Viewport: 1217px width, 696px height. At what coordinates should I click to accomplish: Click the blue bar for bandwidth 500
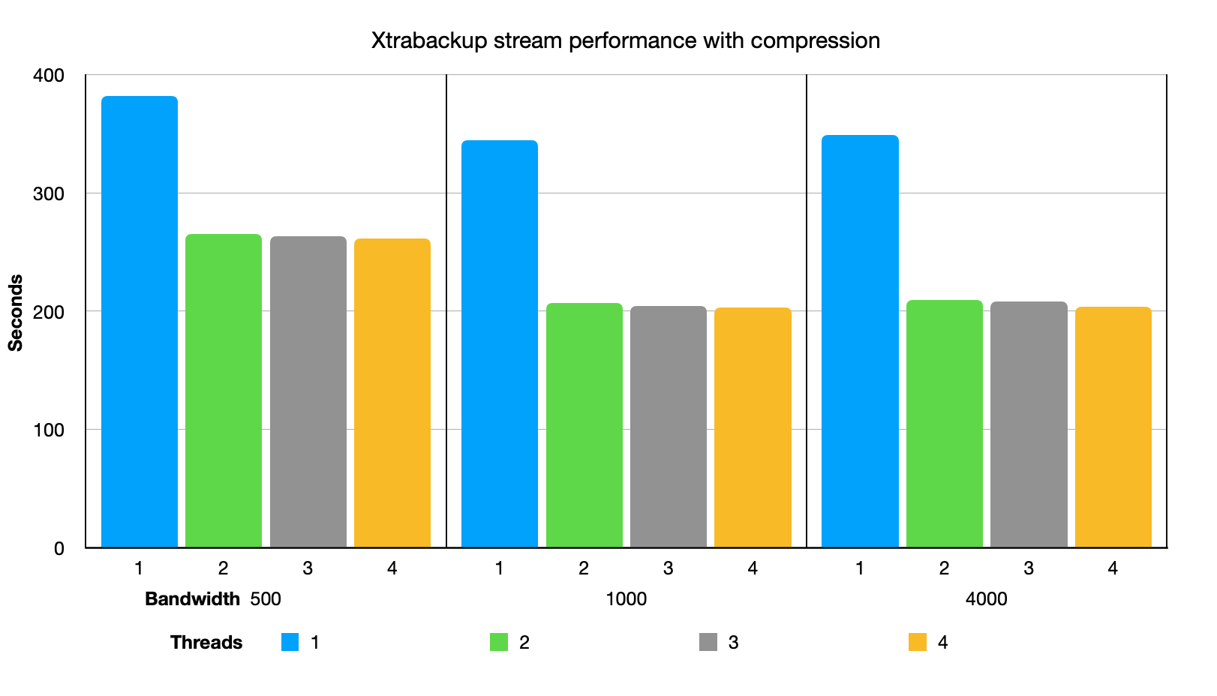[140, 322]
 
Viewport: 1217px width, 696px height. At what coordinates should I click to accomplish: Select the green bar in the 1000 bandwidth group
[584, 425]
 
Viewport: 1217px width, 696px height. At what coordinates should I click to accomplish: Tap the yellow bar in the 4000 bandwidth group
[1113, 427]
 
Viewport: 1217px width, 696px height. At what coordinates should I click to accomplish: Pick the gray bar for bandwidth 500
[308, 392]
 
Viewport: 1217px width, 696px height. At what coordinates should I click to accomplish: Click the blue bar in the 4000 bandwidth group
[860, 341]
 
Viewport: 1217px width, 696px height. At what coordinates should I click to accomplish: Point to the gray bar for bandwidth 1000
[668, 427]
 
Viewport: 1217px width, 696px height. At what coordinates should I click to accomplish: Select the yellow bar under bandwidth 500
[392, 393]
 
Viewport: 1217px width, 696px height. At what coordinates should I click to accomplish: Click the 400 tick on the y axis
[49, 76]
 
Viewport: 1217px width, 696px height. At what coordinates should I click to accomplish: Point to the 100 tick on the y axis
[49, 430]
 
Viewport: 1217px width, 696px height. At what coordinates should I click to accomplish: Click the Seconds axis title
[16, 313]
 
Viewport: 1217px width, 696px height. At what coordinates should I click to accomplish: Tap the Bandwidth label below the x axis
[192, 599]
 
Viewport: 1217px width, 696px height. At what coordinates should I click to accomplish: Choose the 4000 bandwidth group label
[986, 599]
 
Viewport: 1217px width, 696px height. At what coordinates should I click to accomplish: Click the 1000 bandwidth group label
[626, 599]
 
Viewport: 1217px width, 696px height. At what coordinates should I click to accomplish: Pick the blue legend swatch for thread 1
[290, 642]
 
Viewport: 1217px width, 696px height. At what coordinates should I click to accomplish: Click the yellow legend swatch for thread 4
[917, 642]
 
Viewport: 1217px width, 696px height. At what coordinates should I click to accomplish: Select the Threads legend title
[206, 643]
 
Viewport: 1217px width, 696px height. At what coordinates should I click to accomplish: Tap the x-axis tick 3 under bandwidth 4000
[1028, 568]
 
